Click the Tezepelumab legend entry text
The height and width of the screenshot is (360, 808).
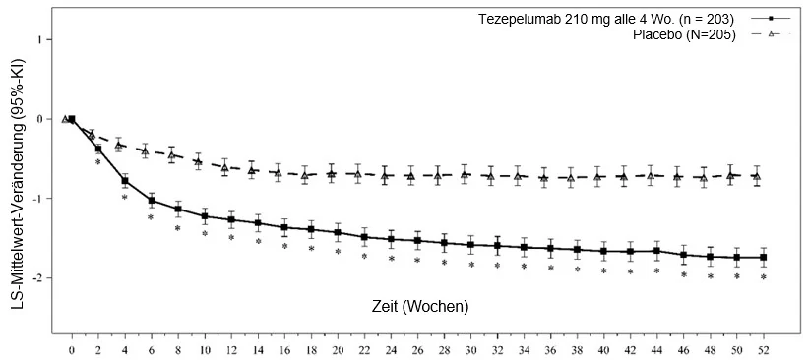(x=606, y=20)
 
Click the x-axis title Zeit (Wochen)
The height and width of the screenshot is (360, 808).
(x=420, y=307)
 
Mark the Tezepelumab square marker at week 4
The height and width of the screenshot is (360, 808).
(x=125, y=180)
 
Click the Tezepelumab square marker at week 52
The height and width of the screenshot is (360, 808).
(x=764, y=257)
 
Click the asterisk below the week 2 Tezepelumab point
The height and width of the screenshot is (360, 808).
(x=97, y=162)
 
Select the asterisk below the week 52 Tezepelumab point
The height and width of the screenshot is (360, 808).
(x=764, y=277)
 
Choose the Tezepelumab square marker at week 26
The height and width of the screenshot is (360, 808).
(x=417, y=241)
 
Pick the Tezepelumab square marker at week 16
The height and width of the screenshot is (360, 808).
(x=284, y=227)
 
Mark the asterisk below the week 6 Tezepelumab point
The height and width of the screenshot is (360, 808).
(x=151, y=217)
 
